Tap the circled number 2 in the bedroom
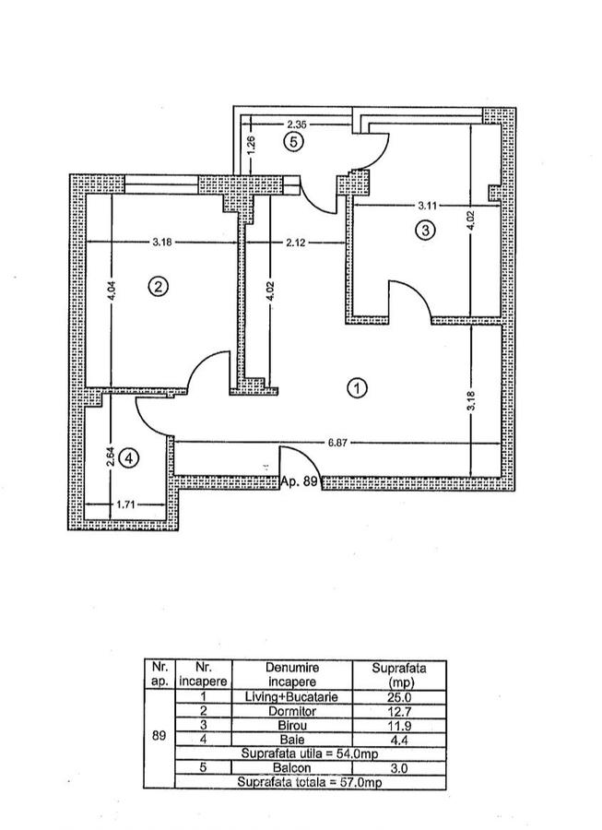[x=158, y=287]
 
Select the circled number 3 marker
[x=424, y=231]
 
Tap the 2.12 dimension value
[x=296, y=243]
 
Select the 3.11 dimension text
[x=428, y=206]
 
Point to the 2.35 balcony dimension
[x=296, y=122]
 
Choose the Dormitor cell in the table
[x=291, y=712]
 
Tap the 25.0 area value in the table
[x=398, y=698]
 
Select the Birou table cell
[x=291, y=726]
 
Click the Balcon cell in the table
[x=291, y=767]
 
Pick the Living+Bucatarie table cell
[x=291, y=698]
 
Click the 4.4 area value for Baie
[x=398, y=740]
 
